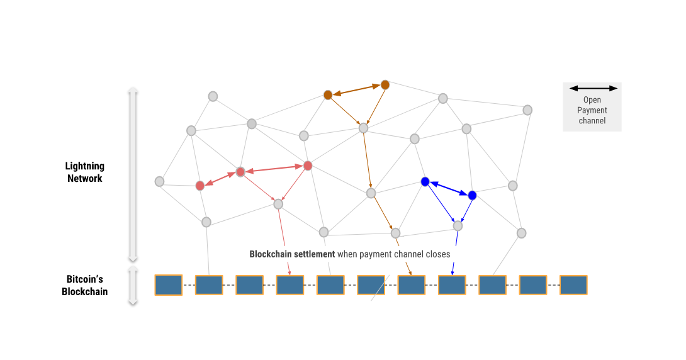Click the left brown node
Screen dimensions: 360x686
click(x=328, y=95)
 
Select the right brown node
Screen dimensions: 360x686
click(x=385, y=84)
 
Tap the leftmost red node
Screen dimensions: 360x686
click(x=200, y=186)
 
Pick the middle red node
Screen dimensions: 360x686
click(x=240, y=172)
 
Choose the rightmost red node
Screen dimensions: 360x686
click(x=308, y=166)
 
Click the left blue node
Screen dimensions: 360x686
click(x=425, y=182)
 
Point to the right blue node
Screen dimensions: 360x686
click(x=472, y=195)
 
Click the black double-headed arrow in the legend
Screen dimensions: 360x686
click(x=592, y=88)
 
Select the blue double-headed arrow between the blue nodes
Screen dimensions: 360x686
click(x=448, y=189)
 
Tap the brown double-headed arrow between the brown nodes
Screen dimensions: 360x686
click(x=356, y=89)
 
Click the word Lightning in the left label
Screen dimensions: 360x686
click(x=85, y=166)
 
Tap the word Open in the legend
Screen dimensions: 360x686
click(x=592, y=99)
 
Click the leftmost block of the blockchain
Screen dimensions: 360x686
click(x=168, y=285)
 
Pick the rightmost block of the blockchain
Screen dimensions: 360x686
click(x=573, y=285)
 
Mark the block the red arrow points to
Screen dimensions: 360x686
click(x=290, y=285)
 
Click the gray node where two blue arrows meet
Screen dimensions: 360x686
click(x=458, y=225)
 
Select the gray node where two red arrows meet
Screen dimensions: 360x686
click(x=278, y=204)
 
